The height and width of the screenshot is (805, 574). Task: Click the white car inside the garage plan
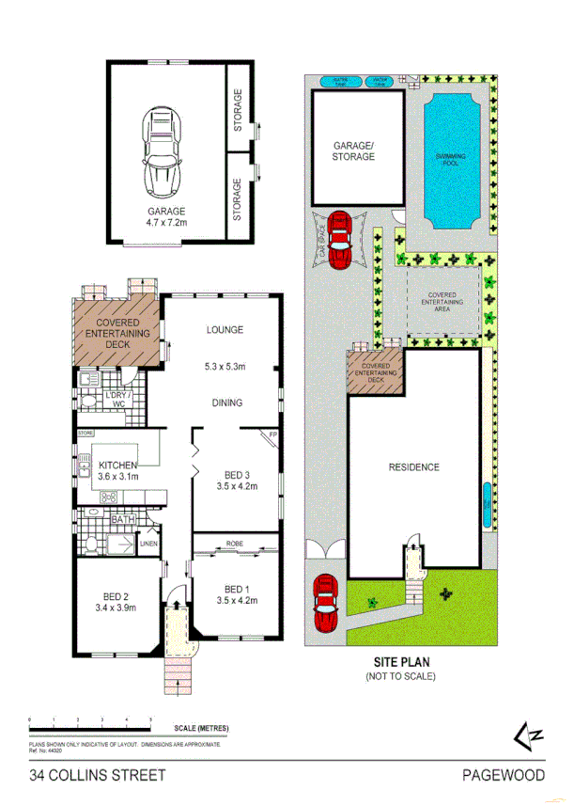(x=162, y=150)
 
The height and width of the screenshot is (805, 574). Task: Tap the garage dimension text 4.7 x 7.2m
(x=165, y=224)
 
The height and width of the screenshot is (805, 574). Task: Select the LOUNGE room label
(x=225, y=330)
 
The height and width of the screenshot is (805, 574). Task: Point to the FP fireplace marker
(x=272, y=435)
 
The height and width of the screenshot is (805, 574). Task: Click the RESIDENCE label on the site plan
(x=413, y=466)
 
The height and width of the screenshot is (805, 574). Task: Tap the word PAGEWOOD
(x=503, y=775)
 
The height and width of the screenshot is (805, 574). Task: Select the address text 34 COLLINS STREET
(x=98, y=775)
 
